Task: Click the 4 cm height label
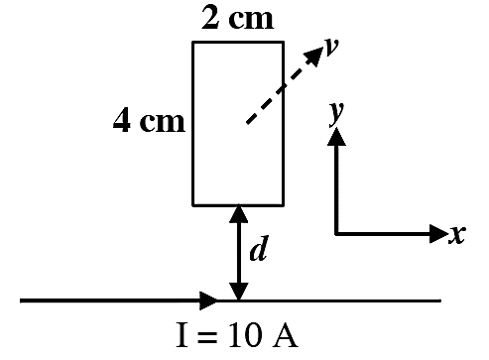tap(149, 121)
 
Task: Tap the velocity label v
tap(331, 47)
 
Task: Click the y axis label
tap(336, 114)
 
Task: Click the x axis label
tap(457, 234)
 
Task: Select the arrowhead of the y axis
tap(336, 136)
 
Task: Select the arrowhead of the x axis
tap(439, 234)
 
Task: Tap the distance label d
tap(258, 248)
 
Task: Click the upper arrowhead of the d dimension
tap(238, 214)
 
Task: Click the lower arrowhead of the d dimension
tap(238, 292)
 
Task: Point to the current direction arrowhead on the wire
tap(209, 300)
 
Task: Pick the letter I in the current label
tap(183, 335)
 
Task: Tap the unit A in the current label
tap(285, 335)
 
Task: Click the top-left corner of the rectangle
tap(193, 43)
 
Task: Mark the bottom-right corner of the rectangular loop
tap(284, 205)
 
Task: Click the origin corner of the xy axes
tap(336, 234)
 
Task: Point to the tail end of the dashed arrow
tap(247, 124)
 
